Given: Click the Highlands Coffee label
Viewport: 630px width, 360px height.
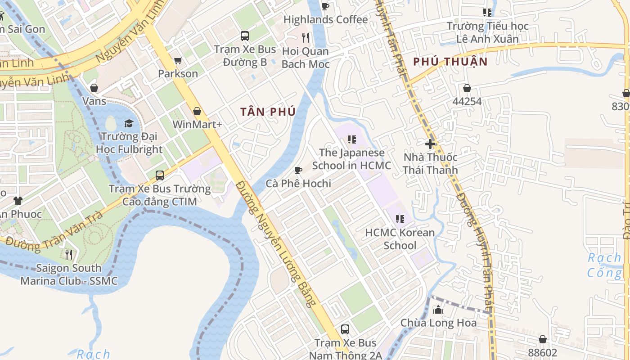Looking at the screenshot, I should pyautogui.click(x=325, y=20).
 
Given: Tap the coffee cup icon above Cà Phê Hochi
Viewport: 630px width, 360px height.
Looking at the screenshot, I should pyautogui.click(x=298, y=170).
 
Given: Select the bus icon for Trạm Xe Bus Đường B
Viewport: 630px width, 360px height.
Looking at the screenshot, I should pyautogui.click(x=245, y=36).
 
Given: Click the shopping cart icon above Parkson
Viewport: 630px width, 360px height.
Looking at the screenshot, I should pyautogui.click(x=178, y=60).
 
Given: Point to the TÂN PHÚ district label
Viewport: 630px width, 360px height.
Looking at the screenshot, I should pyautogui.click(x=268, y=112).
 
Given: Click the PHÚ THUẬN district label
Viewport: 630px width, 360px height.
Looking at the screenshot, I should pyautogui.click(x=450, y=62).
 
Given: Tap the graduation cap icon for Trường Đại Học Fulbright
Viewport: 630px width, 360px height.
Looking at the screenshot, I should pyautogui.click(x=129, y=123).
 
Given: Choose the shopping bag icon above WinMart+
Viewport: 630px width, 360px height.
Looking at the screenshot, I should pyautogui.click(x=197, y=111).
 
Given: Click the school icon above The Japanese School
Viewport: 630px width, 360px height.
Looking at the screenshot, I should pyautogui.click(x=351, y=139).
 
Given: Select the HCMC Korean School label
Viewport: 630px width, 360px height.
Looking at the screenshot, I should pyautogui.click(x=400, y=239).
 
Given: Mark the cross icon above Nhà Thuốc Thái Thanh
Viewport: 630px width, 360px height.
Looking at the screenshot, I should pyautogui.click(x=430, y=144).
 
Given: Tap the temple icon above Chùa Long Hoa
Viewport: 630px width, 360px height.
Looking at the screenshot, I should pyautogui.click(x=438, y=310).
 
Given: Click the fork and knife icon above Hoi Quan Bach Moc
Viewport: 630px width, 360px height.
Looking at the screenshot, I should pyautogui.click(x=306, y=37).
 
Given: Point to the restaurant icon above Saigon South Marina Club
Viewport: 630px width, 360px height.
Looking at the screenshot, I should pyautogui.click(x=69, y=255).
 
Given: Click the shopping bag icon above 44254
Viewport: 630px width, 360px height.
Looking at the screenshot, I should pyautogui.click(x=467, y=88).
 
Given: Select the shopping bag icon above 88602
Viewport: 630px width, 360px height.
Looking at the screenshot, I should pyautogui.click(x=543, y=339).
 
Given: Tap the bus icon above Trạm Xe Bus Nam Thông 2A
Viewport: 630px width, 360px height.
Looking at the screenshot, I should pyautogui.click(x=345, y=329).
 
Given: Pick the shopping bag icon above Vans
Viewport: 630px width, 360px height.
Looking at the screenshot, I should pyautogui.click(x=94, y=88).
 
